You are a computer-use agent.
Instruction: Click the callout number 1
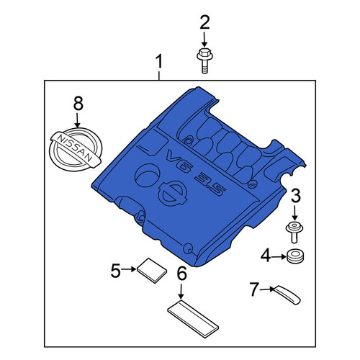pyautogui.click(x=159, y=61)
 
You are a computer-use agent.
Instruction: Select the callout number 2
pyautogui.click(x=204, y=22)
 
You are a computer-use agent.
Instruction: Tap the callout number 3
pyautogui.click(x=295, y=195)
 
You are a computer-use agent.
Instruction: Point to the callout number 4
pyautogui.click(x=266, y=256)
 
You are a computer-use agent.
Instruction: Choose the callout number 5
pyautogui.click(x=115, y=271)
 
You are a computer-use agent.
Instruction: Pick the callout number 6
pyautogui.click(x=181, y=274)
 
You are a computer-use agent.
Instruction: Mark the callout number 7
pyautogui.click(x=254, y=289)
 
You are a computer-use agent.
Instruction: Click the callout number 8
pyautogui.click(x=78, y=104)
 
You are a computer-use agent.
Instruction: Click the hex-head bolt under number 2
pyautogui.click(x=204, y=60)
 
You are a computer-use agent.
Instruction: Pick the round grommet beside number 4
pyautogui.click(x=295, y=256)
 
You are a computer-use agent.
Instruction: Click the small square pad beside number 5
pyautogui.click(x=152, y=271)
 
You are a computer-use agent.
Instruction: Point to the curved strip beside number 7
pyautogui.click(x=287, y=295)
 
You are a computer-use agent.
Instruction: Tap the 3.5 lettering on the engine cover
pyautogui.click(x=210, y=185)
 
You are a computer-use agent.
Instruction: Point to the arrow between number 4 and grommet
pyautogui.click(x=279, y=256)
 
